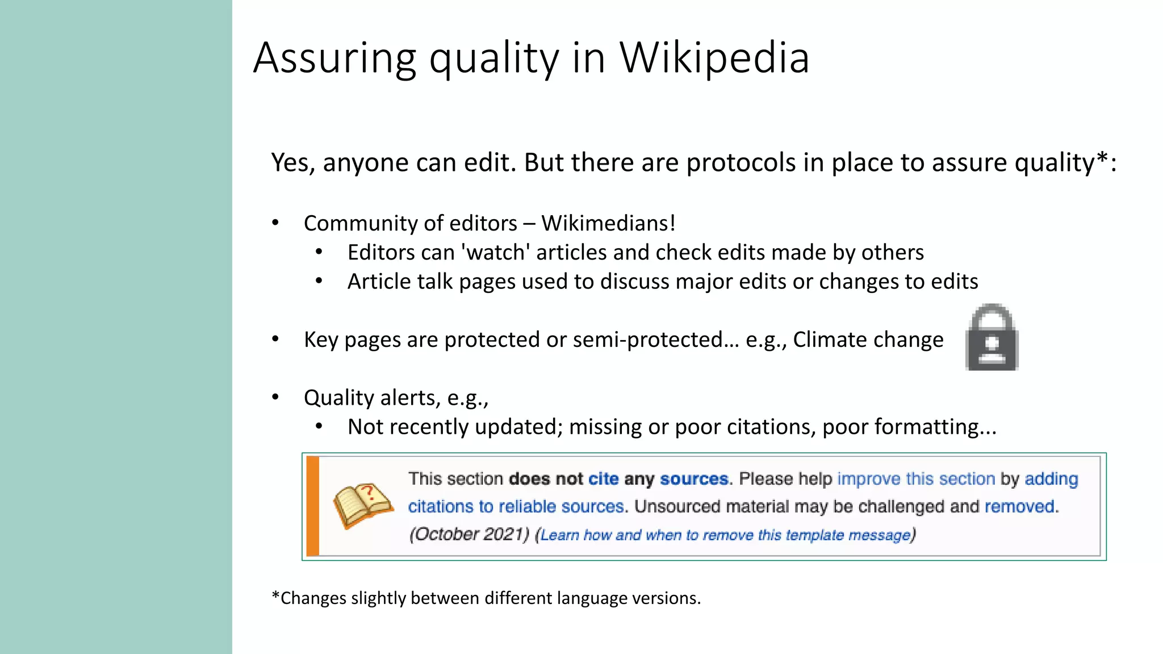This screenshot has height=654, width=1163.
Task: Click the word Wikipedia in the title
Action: (x=714, y=58)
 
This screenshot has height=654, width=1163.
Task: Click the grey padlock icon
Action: (x=992, y=337)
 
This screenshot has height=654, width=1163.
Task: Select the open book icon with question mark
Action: (x=362, y=505)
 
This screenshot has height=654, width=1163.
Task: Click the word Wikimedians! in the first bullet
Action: (x=608, y=223)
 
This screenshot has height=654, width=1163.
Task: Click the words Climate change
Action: (x=868, y=339)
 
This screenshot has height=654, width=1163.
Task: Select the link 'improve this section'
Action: (x=916, y=479)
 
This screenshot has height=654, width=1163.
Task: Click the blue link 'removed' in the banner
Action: (x=1020, y=506)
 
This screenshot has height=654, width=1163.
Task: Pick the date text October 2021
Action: (x=470, y=534)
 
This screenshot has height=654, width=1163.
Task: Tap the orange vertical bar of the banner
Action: (x=313, y=506)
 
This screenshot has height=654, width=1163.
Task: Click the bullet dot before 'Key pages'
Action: (x=275, y=339)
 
